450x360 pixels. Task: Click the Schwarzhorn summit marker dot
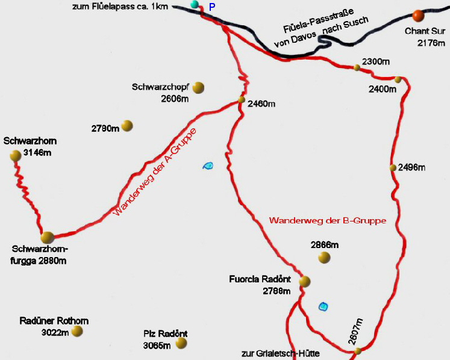click(16, 156)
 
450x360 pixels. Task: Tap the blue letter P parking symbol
click(211, 7)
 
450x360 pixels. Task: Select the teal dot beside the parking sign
click(194, 5)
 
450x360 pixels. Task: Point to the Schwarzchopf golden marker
click(199, 88)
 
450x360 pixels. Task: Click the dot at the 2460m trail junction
click(242, 100)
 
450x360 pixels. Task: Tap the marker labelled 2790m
click(127, 126)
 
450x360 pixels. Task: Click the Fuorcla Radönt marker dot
click(304, 281)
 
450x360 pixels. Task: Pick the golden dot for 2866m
click(324, 258)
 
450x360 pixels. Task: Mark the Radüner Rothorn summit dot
click(77, 331)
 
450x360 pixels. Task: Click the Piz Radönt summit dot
click(181, 343)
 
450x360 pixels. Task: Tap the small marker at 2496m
click(393, 167)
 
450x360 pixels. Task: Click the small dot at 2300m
click(357, 67)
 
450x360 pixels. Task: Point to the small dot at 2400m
click(398, 79)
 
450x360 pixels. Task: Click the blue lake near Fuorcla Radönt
click(323, 306)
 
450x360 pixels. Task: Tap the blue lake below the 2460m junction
click(208, 166)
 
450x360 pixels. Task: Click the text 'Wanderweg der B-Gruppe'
click(327, 221)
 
